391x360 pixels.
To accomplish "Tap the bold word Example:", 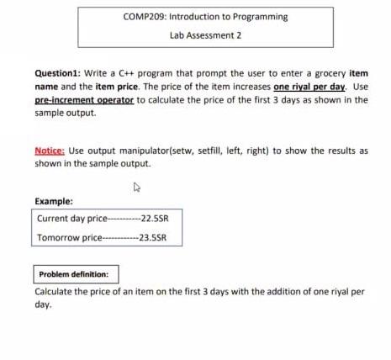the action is click(54, 201).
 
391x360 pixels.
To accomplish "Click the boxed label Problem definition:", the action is click(77, 274).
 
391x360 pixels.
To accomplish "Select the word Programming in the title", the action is click(263, 17).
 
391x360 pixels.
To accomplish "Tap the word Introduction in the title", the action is click(195, 17).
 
